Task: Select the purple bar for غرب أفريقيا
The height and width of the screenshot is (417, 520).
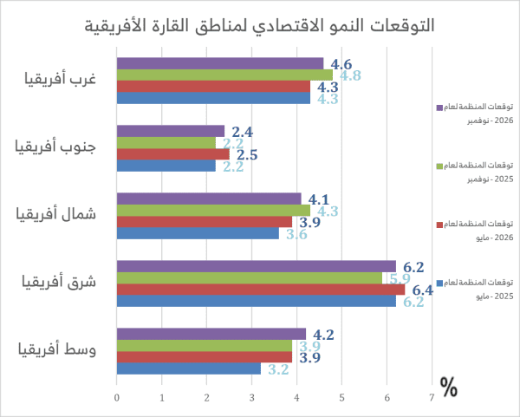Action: tap(220, 63)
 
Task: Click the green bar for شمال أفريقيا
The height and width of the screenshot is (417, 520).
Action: tap(213, 210)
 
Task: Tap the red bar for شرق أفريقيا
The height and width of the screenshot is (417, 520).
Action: tap(260, 289)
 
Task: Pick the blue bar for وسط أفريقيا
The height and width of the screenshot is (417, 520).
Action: tap(188, 368)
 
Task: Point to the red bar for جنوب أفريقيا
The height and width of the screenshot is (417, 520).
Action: tap(172, 153)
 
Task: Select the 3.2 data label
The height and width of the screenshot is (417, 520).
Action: tap(277, 368)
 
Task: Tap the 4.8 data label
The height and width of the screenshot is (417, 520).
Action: tap(349, 75)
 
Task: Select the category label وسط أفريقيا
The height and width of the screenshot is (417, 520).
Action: tap(61, 350)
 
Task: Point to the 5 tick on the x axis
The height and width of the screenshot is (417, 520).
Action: tap(341, 398)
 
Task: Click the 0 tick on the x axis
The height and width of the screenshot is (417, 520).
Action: tap(117, 398)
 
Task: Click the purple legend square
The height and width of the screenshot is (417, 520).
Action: tap(439, 108)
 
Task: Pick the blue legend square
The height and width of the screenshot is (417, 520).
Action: tap(439, 283)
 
